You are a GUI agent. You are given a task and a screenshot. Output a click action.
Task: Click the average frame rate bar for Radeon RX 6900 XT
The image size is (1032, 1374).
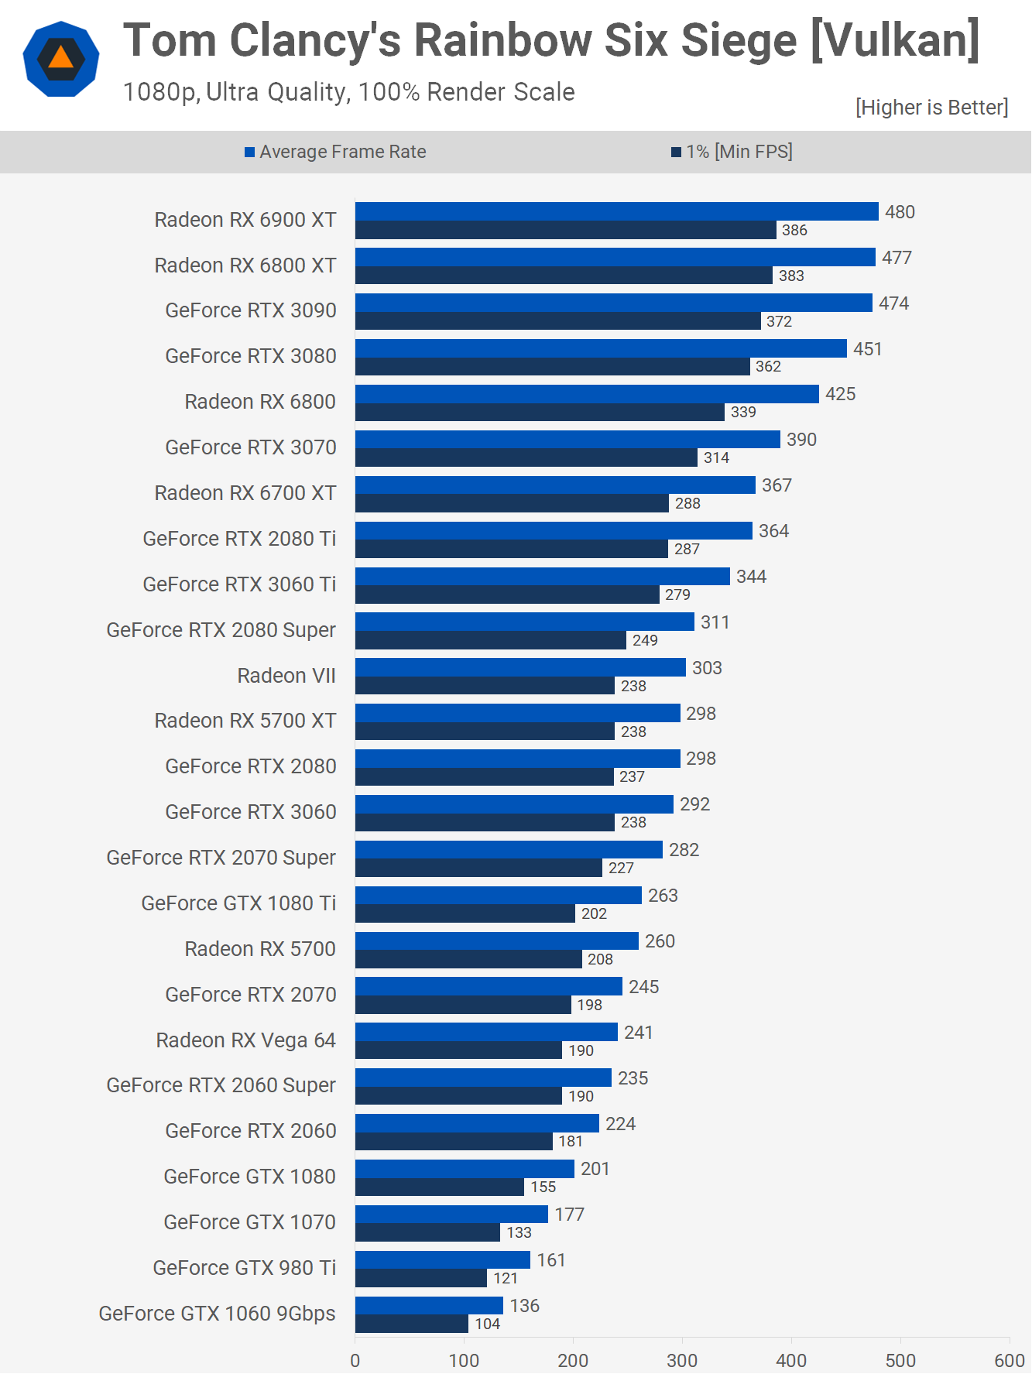pyautogui.click(x=616, y=211)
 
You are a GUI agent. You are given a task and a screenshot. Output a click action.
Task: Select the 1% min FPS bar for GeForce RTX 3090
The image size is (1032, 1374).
pyautogui.click(x=557, y=321)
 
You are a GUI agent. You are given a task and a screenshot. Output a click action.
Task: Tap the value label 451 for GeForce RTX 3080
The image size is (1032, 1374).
pyautogui.click(x=867, y=349)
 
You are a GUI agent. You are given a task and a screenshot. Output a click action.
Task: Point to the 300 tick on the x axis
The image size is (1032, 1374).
pyautogui.click(x=682, y=1360)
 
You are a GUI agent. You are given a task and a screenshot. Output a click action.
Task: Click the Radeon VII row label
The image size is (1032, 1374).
pyautogui.click(x=286, y=676)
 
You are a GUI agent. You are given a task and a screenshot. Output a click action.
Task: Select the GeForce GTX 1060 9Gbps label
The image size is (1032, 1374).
pyautogui.click(x=217, y=1314)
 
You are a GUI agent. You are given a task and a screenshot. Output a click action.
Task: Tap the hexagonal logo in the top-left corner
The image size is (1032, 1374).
pyautogui.click(x=61, y=59)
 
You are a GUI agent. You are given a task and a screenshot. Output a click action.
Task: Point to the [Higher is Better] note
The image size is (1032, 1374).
pyautogui.click(x=931, y=108)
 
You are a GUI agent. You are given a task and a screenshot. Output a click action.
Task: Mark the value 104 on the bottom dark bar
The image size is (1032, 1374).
pyautogui.click(x=487, y=1324)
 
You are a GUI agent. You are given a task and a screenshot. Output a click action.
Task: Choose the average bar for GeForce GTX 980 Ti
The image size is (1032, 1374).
pyautogui.click(x=442, y=1259)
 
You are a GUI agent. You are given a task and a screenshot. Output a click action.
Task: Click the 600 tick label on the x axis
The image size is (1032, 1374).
pyautogui.click(x=1009, y=1360)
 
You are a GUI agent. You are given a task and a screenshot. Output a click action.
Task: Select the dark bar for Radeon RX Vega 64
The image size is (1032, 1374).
pyautogui.click(x=458, y=1050)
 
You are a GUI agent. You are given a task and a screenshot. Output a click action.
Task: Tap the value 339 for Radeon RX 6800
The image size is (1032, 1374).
pyautogui.click(x=743, y=412)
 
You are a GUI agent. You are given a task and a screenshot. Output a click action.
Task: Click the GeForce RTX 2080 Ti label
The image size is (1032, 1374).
pyautogui.click(x=239, y=539)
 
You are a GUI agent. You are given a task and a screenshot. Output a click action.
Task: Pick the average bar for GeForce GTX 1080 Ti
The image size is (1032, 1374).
pyautogui.click(x=498, y=895)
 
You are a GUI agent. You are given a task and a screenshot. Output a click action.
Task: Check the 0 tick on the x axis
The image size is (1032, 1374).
pyautogui.click(x=355, y=1360)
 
